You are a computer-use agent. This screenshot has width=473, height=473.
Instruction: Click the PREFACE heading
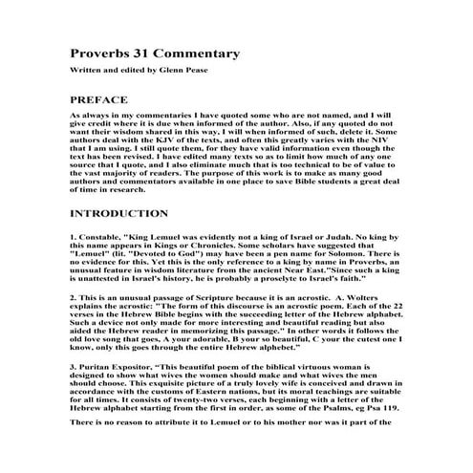(x=99, y=99)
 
